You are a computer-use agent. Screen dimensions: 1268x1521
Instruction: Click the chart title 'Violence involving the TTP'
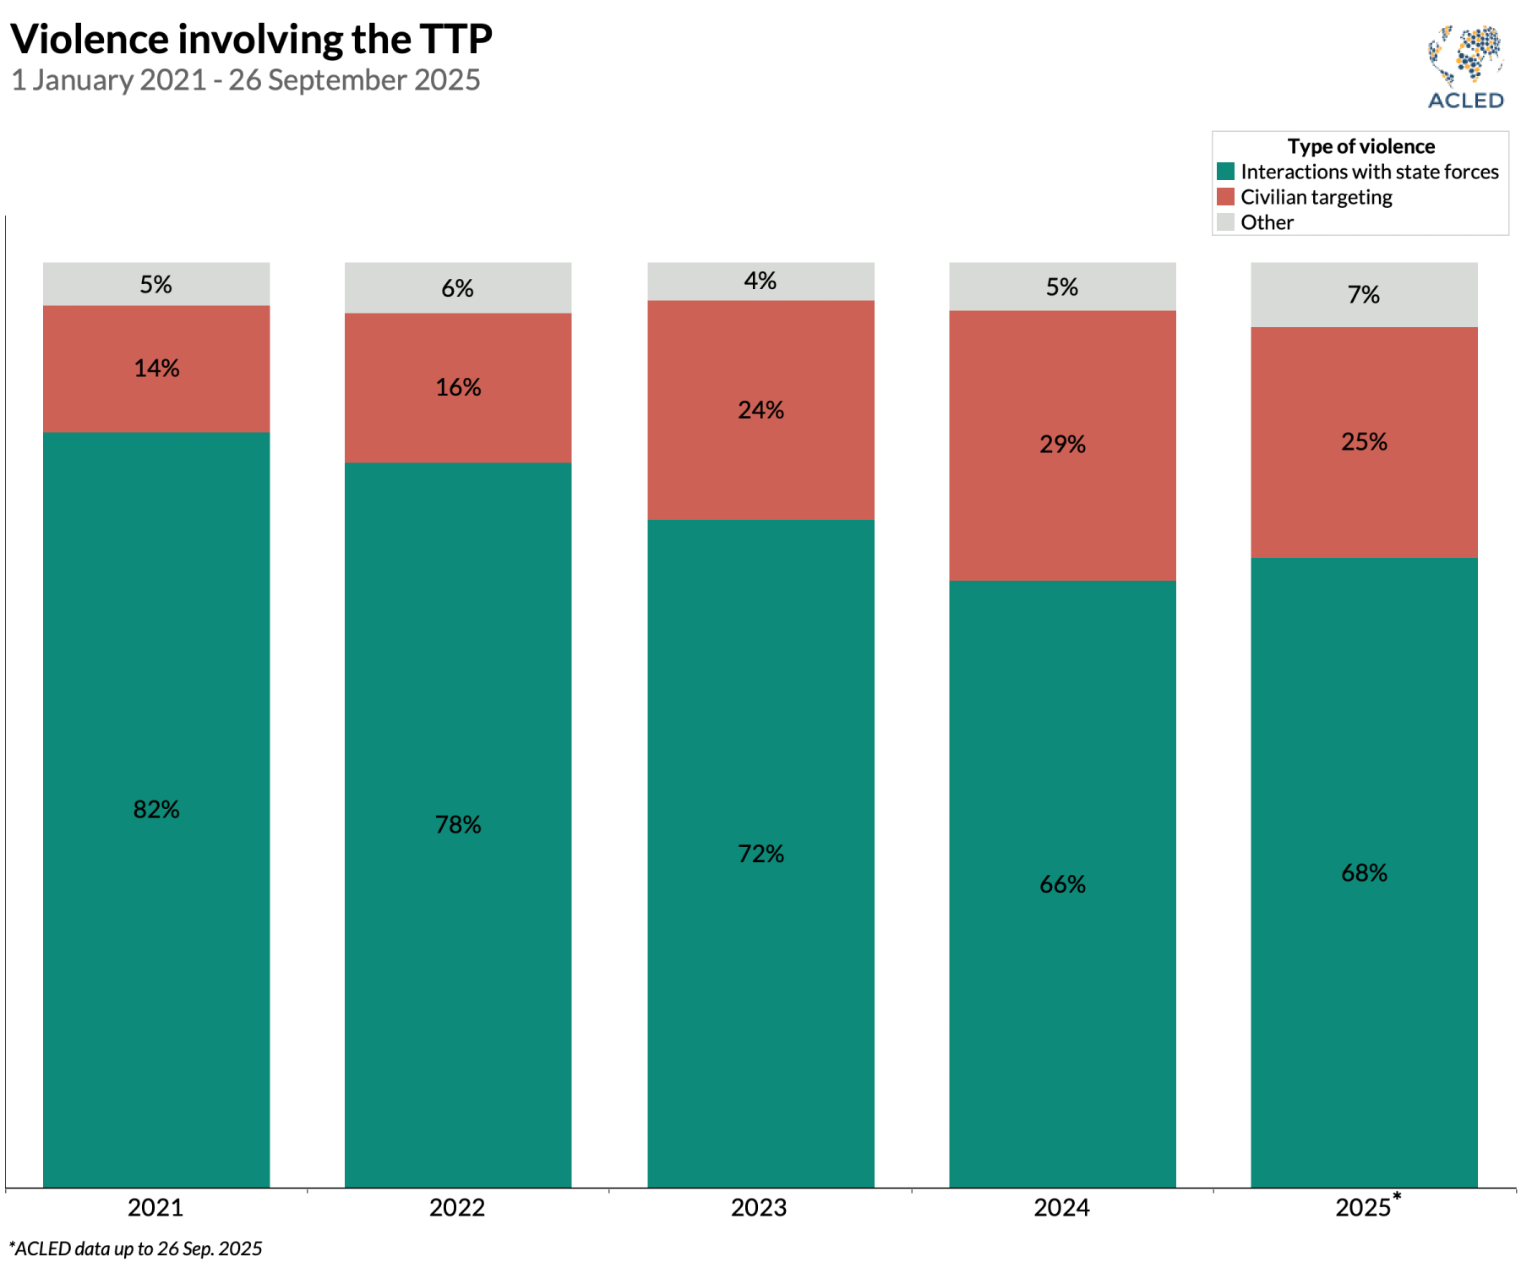click(x=251, y=39)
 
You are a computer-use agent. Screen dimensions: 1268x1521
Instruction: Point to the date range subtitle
click(x=245, y=80)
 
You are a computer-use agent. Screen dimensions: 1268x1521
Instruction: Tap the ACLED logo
click(x=1465, y=68)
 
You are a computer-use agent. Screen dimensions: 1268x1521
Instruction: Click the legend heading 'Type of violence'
click(x=1360, y=146)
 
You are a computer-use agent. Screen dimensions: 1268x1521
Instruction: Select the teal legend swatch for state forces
click(x=1225, y=172)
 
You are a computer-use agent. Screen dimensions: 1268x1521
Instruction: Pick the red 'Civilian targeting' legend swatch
click(x=1225, y=197)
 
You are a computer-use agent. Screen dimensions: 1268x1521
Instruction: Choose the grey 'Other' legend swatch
click(x=1225, y=222)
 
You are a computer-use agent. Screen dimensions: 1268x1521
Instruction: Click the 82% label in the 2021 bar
click(x=156, y=810)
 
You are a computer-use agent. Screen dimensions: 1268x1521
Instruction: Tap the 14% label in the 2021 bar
click(x=156, y=369)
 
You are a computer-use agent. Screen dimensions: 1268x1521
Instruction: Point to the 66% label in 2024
click(x=1062, y=884)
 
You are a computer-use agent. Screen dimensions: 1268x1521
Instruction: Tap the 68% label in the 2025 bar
click(x=1364, y=873)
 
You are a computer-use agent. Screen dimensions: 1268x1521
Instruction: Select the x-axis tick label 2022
click(x=457, y=1207)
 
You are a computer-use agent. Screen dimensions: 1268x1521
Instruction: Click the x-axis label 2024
click(x=1061, y=1207)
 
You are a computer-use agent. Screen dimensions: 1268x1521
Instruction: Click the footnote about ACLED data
click(x=135, y=1249)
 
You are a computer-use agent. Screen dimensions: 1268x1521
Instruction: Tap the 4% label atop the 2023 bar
click(x=760, y=281)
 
